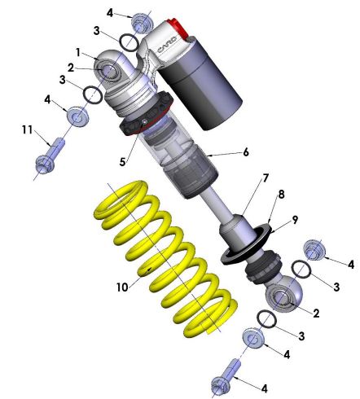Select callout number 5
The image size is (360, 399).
pyautogui.click(x=123, y=161)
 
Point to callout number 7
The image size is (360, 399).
pyautogui.click(x=242, y=178)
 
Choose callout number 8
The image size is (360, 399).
pyautogui.click(x=283, y=195)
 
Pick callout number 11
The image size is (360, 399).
pyautogui.click(x=25, y=129)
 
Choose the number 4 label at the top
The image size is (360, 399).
pyautogui.click(x=110, y=12)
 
